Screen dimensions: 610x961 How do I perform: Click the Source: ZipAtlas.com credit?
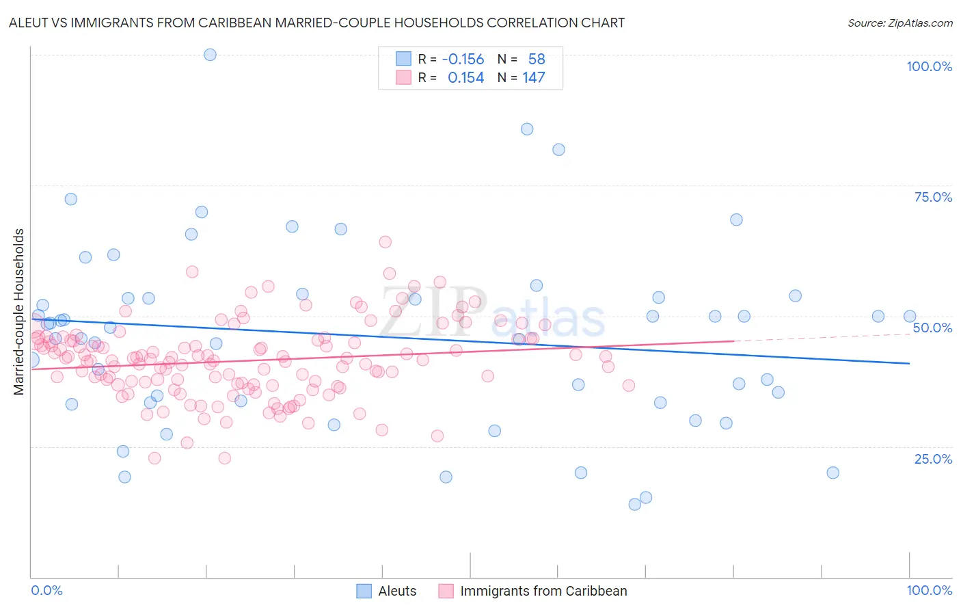(899, 23)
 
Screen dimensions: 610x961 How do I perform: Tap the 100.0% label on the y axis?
(929, 66)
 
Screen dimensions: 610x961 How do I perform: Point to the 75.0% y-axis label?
(933, 197)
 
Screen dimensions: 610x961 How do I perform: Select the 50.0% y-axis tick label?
(932, 328)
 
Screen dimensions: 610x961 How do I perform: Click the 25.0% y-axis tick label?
(933, 458)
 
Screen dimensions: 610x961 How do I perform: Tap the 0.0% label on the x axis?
(46, 590)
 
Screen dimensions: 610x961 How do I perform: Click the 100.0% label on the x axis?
(929, 590)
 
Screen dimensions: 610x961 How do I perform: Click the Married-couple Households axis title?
(19, 312)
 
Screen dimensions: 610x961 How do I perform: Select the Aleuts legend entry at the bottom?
(397, 591)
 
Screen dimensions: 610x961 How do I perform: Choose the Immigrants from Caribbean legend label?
(543, 591)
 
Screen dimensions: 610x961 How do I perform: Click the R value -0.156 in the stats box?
(463, 59)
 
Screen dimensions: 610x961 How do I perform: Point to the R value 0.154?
(465, 77)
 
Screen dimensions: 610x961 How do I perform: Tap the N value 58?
(536, 59)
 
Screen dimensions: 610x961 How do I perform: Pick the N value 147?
(533, 77)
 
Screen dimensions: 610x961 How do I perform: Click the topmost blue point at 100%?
(210, 55)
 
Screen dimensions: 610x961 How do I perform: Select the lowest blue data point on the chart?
(634, 504)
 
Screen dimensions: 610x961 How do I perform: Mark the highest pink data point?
(385, 241)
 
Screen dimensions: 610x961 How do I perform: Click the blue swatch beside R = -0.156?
(403, 59)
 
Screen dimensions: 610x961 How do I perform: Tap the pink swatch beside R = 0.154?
(403, 77)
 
